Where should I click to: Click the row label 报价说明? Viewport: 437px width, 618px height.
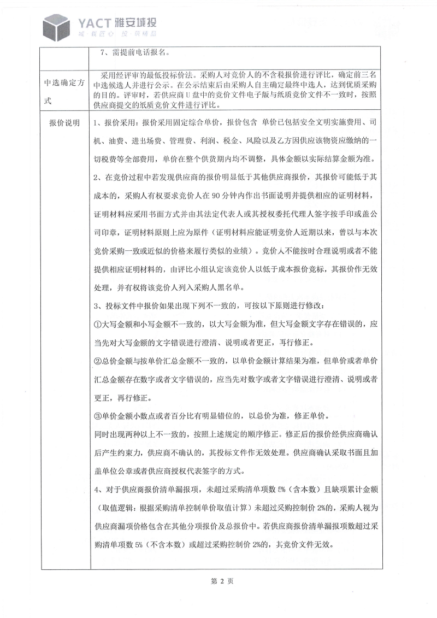pos(64,122)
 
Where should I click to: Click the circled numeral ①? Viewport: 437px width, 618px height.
pos(98,323)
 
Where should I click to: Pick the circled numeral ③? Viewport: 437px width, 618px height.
pos(98,416)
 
